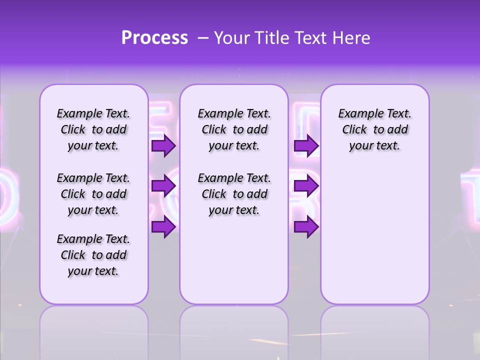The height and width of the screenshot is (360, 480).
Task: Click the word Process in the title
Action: [x=154, y=38]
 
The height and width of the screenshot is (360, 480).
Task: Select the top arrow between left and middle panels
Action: [x=163, y=146]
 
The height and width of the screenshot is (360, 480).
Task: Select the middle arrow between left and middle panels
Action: [x=163, y=186]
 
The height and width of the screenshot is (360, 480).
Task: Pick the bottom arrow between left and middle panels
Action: [x=163, y=227]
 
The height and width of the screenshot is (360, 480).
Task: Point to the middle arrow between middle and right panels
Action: [x=306, y=186]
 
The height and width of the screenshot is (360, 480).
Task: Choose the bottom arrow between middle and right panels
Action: [x=306, y=227]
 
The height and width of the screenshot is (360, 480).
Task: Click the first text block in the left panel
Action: [x=93, y=129]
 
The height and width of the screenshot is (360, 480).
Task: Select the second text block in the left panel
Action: [x=93, y=194]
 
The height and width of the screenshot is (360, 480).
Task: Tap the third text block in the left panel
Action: [x=93, y=255]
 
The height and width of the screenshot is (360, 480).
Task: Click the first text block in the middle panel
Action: [x=234, y=129]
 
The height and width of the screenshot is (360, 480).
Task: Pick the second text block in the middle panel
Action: [x=234, y=194]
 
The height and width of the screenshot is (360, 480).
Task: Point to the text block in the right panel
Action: [x=375, y=129]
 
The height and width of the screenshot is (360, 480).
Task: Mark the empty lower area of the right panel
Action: [x=375, y=230]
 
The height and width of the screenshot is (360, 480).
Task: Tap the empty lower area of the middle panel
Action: [x=234, y=260]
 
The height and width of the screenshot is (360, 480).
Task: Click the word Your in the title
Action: [x=231, y=38]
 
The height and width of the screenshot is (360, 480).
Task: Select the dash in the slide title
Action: [x=203, y=38]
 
